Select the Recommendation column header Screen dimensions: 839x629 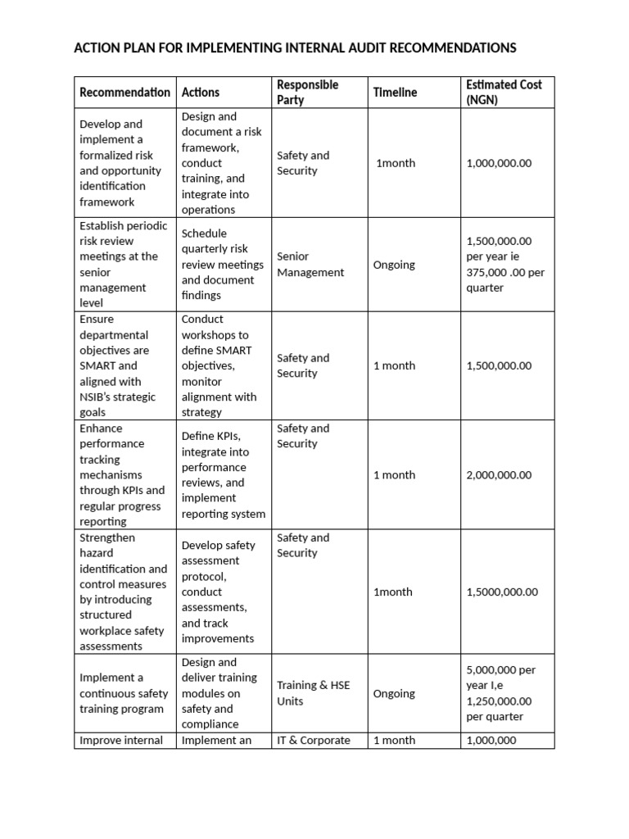click(x=124, y=93)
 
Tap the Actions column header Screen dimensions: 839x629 click(x=201, y=93)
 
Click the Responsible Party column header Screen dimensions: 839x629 click(x=307, y=93)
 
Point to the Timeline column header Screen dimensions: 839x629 click(x=395, y=93)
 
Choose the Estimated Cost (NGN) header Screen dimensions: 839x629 click(x=504, y=93)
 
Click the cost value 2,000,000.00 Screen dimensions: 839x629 click(x=499, y=475)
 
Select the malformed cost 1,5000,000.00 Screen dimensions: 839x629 click(x=502, y=592)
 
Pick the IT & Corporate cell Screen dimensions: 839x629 click(x=313, y=741)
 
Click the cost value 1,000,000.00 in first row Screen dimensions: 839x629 click(x=499, y=163)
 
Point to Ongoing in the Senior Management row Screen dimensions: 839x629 click(x=394, y=265)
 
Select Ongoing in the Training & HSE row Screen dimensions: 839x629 click(x=394, y=694)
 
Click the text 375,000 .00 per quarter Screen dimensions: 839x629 click(x=499, y=280)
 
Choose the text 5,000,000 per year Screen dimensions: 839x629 click(x=500, y=678)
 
